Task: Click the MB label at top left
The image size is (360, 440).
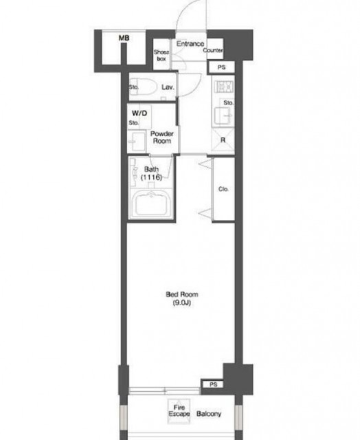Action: pos(124,38)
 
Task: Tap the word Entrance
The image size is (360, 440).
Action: pos(190,43)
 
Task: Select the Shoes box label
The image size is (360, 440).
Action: pos(161,55)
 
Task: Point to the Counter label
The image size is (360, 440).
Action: pos(213,50)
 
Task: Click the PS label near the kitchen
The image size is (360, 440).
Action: pos(221,67)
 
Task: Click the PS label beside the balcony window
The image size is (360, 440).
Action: pos(214,384)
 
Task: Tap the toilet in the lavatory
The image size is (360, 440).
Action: pos(143,87)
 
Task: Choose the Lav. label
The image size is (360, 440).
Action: pos(168,87)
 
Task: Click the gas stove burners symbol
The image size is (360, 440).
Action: pos(224,87)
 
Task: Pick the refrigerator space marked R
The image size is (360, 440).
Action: pos(223,140)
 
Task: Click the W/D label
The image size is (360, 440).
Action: pos(139,113)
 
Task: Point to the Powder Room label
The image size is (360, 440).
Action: pos(162,137)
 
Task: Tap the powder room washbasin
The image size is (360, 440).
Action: pos(137,142)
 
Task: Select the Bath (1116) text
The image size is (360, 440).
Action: pos(151,173)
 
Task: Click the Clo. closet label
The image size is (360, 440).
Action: pos(223,189)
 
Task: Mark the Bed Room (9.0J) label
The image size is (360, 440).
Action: pos(182,298)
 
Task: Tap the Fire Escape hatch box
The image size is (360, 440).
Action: pos(179,411)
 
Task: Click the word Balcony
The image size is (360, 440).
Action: pos(209,414)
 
